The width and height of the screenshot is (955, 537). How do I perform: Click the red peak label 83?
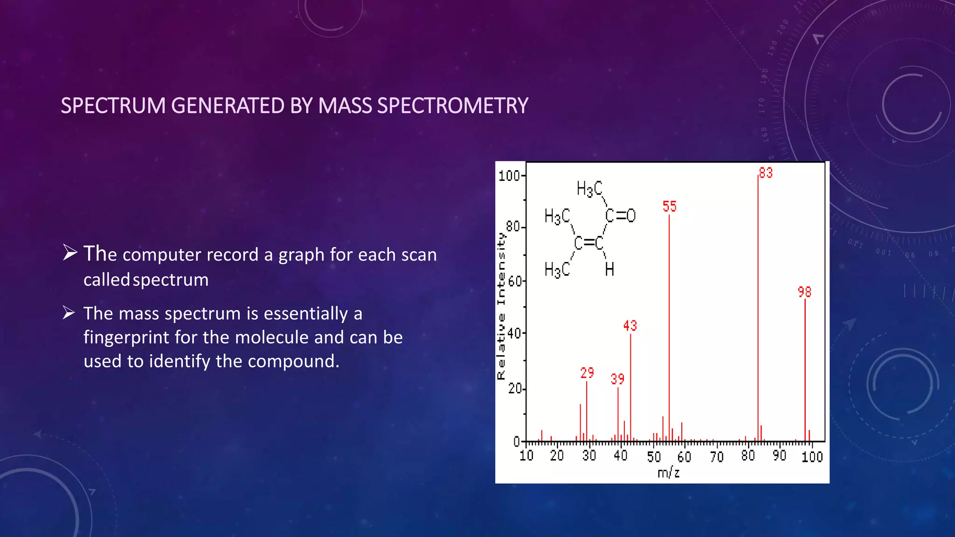766,173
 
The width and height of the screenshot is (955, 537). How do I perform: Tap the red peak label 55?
669,207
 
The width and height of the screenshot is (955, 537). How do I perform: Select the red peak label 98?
804,292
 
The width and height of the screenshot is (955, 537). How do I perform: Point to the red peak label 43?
630,326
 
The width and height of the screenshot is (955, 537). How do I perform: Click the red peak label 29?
587,373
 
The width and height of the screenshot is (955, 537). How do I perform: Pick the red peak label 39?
617,379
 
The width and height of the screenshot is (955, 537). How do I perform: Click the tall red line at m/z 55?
669,326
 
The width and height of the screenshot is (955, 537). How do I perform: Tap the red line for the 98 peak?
805,373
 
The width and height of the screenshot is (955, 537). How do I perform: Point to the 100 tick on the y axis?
509,176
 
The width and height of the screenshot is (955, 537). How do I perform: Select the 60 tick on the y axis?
515,282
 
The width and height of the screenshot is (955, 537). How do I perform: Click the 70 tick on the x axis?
717,456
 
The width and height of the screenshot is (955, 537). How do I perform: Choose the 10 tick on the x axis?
526,455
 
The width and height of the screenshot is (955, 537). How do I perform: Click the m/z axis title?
668,473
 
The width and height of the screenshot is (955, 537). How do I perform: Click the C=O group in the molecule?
620,215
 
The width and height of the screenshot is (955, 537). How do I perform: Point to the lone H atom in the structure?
609,269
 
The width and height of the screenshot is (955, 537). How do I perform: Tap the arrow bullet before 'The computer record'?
70,253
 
